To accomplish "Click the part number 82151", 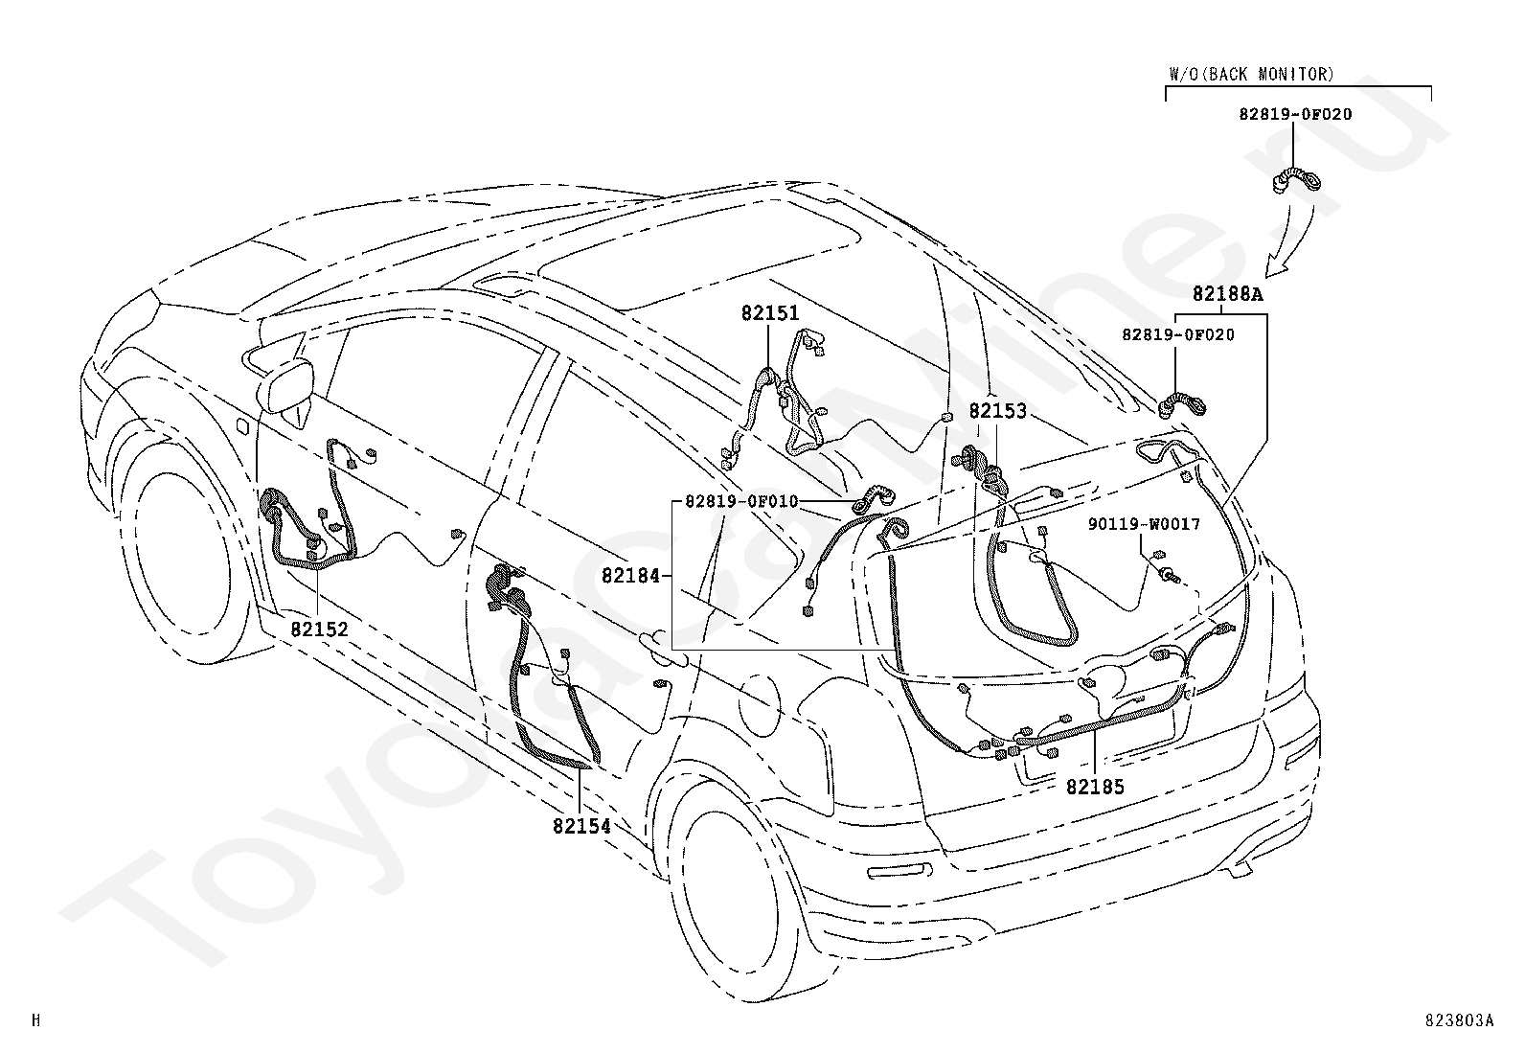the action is [x=770, y=313].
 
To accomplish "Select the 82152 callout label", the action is [x=319, y=630].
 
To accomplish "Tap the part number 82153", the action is [x=997, y=411].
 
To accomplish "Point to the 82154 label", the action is [x=581, y=826].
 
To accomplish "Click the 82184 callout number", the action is [x=631, y=576].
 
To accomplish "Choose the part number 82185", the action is [x=1095, y=788].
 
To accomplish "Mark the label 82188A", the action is [x=1227, y=294].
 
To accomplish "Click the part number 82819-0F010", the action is [x=741, y=501].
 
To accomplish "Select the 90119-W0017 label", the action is [x=1144, y=524].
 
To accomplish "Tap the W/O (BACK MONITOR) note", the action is [x=1251, y=74].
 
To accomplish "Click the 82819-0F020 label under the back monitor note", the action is [x=1295, y=114].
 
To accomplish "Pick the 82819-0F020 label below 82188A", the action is [x=1178, y=334].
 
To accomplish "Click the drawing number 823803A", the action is [x=1460, y=1020].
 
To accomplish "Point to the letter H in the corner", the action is [x=36, y=1020].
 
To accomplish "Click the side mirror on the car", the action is [x=285, y=388].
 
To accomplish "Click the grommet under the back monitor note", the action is [x=1296, y=181].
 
